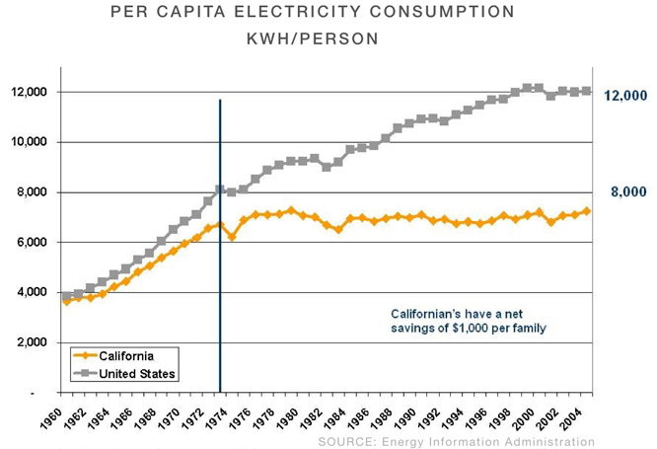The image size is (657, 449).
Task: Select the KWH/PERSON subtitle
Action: click(x=312, y=40)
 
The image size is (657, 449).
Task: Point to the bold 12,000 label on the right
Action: click(x=624, y=96)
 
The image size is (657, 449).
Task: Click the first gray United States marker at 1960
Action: click(x=66, y=295)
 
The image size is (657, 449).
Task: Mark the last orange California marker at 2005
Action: click(x=588, y=211)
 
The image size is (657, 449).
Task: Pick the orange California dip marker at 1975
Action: click(x=232, y=237)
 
